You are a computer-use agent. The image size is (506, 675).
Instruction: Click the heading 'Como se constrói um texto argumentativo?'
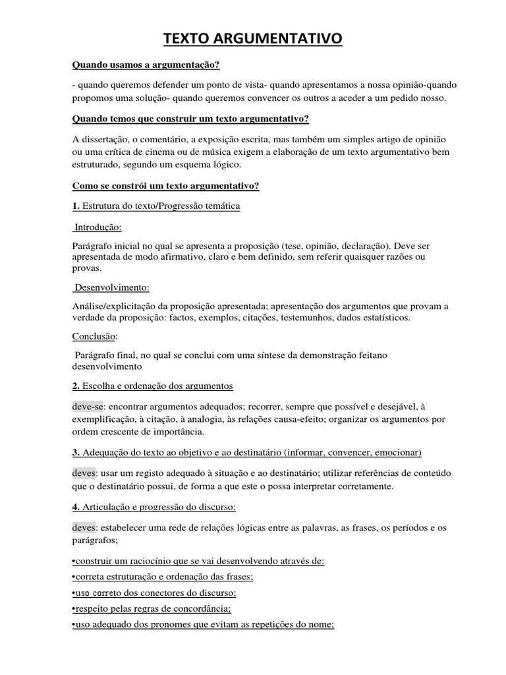(165, 186)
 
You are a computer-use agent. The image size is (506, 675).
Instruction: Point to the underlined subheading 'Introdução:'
(98, 227)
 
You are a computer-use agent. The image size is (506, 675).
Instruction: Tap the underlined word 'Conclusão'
(94, 336)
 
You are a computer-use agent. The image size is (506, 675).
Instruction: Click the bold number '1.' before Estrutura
(76, 206)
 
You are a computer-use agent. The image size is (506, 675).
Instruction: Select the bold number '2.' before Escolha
(76, 386)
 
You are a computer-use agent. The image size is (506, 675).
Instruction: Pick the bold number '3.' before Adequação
(76, 452)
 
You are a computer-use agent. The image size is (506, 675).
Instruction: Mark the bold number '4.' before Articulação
(76, 507)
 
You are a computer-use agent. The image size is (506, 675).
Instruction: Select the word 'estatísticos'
(386, 317)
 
